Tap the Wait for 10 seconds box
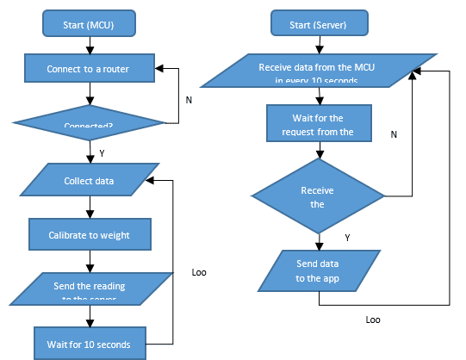pos(90,343)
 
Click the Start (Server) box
pos(320,23)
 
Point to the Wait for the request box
pos(319,126)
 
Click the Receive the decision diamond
pos(318,196)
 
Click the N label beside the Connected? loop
pos(189,99)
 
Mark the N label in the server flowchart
pos(394,134)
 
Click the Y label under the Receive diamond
pos(347,237)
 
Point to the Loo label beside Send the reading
pos(199,272)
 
